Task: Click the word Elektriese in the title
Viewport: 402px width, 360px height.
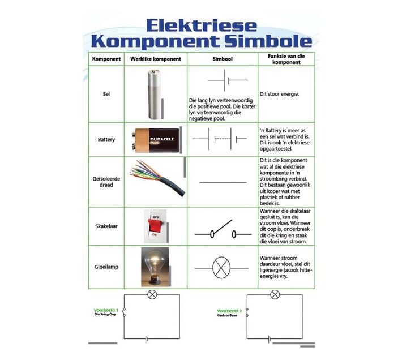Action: point(201,25)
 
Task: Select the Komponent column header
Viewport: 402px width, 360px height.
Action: point(106,59)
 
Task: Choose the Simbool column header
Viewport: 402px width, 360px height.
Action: point(222,59)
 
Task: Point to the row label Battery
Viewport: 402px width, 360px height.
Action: point(106,139)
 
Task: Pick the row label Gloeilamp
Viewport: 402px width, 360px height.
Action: point(106,266)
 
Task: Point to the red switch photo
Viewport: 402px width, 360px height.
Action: point(155,225)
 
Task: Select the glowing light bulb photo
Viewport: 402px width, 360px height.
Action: point(155,266)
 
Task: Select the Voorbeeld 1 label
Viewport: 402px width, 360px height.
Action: point(106,310)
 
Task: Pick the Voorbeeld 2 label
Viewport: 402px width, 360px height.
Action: point(229,311)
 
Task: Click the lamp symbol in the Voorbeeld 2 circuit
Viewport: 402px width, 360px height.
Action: point(275,294)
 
